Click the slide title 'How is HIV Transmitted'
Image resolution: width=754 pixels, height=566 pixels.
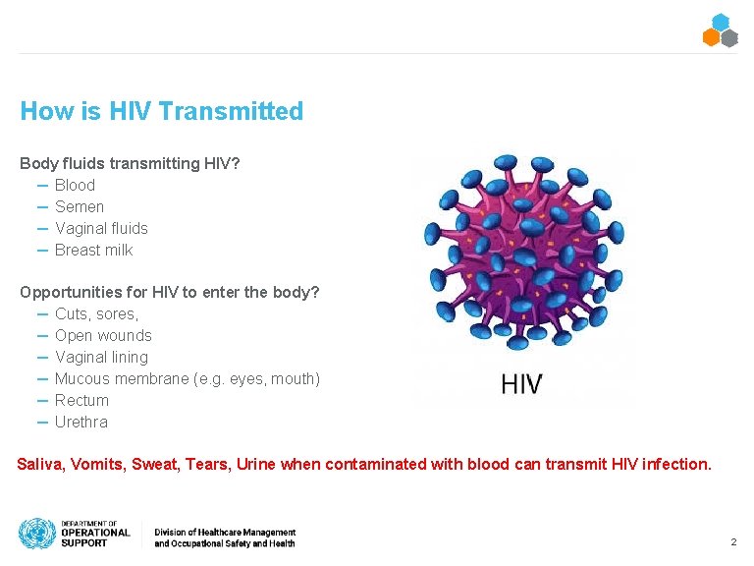click(x=161, y=111)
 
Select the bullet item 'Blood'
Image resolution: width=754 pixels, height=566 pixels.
click(x=75, y=185)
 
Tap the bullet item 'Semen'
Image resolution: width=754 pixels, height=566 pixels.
click(x=80, y=206)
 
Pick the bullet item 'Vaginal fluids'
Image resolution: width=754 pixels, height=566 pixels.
click(x=101, y=228)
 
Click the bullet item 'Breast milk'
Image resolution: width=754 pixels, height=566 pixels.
click(x=93, y=250)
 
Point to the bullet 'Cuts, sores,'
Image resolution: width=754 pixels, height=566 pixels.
click(x=96, y=313)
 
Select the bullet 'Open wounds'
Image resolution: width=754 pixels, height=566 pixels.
click(x=103, y=335)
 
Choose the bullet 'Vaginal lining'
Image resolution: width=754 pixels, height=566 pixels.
click(x=101, y=357)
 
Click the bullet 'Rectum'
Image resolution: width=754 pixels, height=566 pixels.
click(x=81, y=400)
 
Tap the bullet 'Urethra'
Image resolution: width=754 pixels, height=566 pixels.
click(x=81, y=422)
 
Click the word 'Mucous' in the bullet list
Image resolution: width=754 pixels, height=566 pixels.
click(x=82, y=378)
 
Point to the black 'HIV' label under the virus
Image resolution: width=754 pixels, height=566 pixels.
click(x=520, y=383)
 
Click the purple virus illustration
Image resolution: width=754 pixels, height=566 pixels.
click(x=520, y=255)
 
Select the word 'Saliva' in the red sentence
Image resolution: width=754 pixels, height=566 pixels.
click(x=39, y=464)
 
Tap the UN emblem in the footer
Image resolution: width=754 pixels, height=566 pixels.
click(x=36, y=534)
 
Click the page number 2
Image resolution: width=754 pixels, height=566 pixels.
click(x=732, y=542)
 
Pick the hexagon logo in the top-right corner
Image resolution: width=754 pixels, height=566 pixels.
click(x=720, y=30)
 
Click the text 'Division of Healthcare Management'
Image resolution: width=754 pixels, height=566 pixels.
click(x=224, y=531)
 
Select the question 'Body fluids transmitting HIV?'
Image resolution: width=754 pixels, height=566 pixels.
click(x=130, y=163)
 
